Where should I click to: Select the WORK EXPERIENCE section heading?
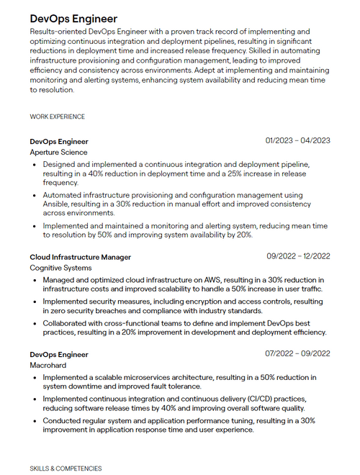click(57, 117)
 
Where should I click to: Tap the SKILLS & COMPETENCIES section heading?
click(66, 469)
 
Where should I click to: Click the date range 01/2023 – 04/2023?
click(297, 140)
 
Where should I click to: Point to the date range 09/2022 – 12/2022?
click(298, 256)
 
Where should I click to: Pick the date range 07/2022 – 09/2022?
click(297, 353)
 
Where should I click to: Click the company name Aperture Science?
click(58, 153)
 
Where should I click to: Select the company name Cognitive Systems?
click(60, 268)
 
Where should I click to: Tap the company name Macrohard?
click(48, 366)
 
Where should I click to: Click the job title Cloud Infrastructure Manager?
click(80, 257)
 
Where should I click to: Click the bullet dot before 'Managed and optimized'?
click(35, 280)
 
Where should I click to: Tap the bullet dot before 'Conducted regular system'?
click(35, 421)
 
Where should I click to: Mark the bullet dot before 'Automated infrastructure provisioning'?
click(35, 195)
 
